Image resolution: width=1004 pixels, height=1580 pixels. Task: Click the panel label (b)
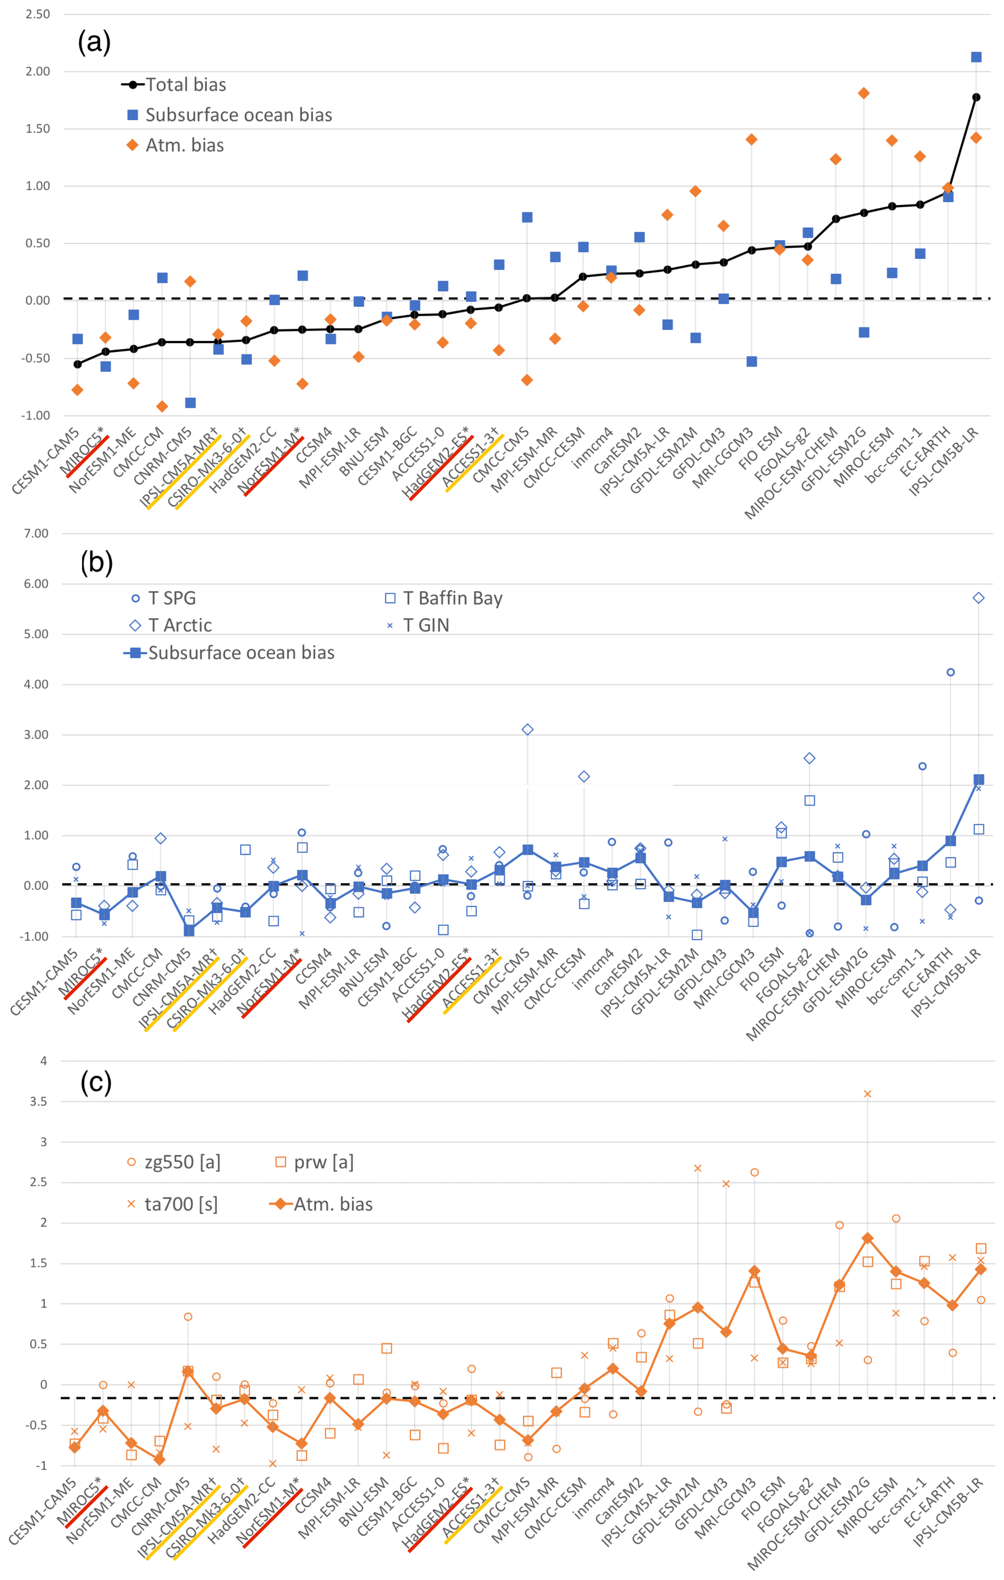point(96,562)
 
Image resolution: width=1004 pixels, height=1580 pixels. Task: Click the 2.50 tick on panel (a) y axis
point(37,14)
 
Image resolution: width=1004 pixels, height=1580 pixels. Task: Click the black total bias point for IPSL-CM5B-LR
point(976,97)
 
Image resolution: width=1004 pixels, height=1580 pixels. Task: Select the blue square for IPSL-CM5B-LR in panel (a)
point(976,57)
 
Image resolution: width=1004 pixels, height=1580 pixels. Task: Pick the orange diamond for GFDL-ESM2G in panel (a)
point(864,93)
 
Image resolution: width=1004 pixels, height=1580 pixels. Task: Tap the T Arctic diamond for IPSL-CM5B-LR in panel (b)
point(978,598)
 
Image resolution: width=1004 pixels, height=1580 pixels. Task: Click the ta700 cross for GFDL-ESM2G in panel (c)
point(868,1094)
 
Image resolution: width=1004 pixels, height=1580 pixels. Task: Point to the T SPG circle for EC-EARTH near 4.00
point(950,672)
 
